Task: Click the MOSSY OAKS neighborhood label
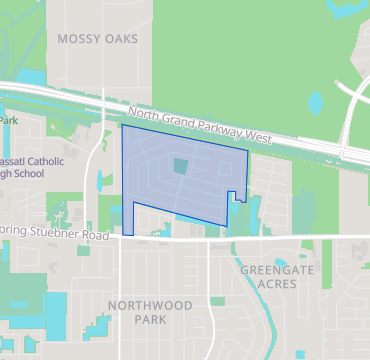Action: tap(98, 38)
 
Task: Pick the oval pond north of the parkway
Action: tap(316, 102)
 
